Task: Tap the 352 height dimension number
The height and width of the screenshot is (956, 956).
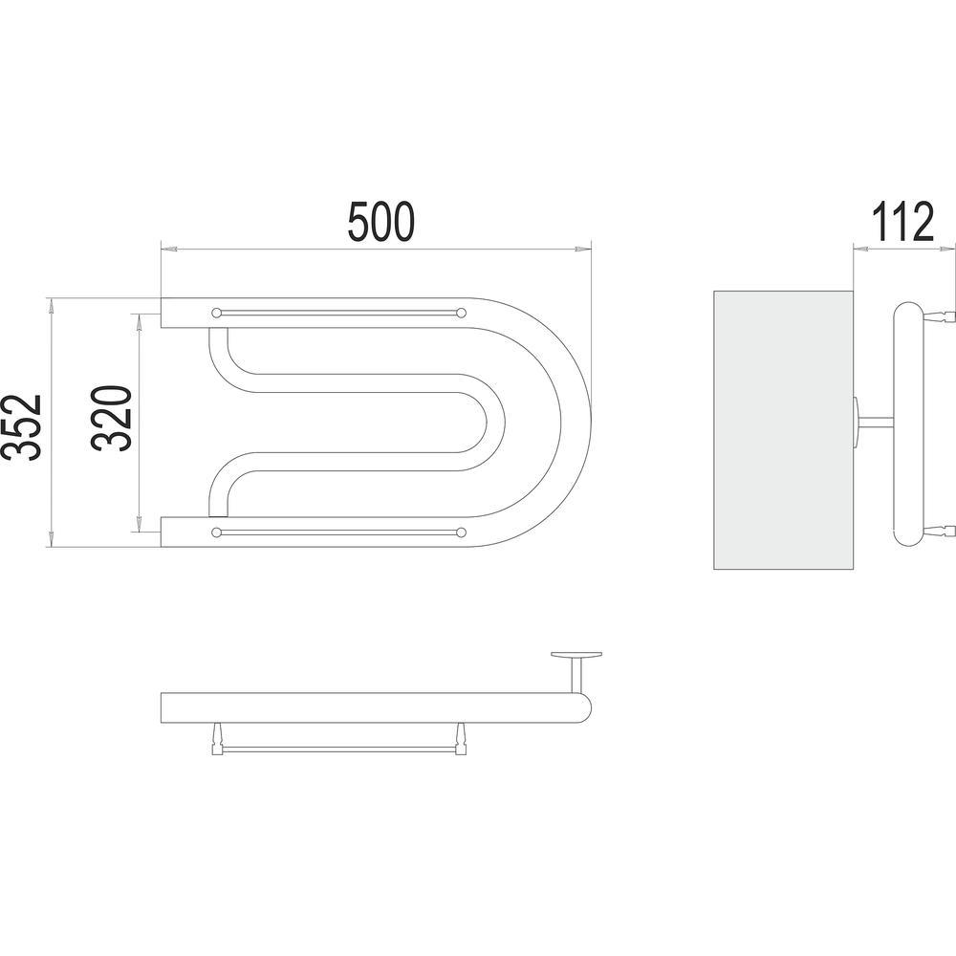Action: (21, 426)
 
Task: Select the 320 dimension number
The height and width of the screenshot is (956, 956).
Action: (112, 419)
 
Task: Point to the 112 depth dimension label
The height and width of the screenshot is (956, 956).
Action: (902, 222)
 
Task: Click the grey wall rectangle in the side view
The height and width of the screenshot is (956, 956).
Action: (784, 430)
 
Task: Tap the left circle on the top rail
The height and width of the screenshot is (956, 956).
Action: (216, 313)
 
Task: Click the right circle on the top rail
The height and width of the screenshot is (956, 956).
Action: (462, 313)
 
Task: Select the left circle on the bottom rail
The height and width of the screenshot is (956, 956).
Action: (216, 532)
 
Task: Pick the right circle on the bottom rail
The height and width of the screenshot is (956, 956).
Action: (462, 532)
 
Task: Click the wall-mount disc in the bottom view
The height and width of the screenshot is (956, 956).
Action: (576, 655)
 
